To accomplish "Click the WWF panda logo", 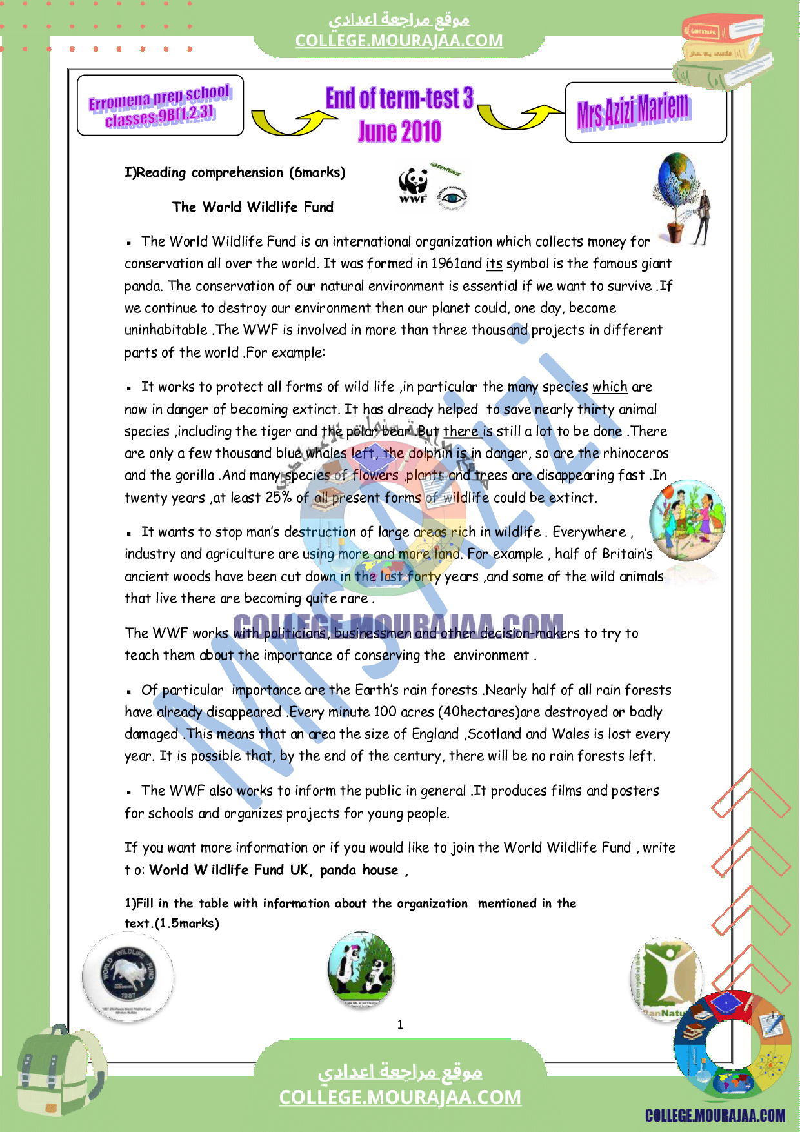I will click(x=413, y=185).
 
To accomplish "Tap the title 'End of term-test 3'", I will click(x=399, y=99).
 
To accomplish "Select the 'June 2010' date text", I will click(x=400, y=132).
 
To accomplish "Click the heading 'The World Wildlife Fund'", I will click(x=253, y=207).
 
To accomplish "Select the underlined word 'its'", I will click(x=494, y=264).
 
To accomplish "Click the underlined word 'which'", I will click(x=610, y=387).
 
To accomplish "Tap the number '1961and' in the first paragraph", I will click(x=456, y=264).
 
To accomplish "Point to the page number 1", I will click(x=400, y=1024).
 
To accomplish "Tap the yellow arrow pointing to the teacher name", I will click(x=520, y=117).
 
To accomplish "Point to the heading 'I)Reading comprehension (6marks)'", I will click(x=235, y=173).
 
